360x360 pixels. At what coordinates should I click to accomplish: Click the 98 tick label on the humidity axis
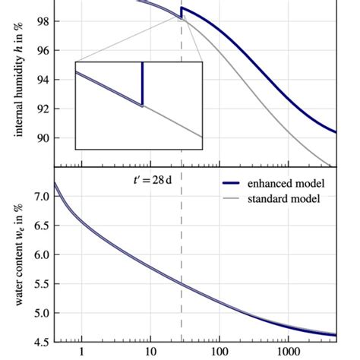[43, 21]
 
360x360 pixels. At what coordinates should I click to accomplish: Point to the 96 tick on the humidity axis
[43, 50]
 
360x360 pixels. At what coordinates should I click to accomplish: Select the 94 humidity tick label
[43, 80]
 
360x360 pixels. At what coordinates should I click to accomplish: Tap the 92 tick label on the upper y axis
[43, 109]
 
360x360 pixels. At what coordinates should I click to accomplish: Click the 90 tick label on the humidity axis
[43, 138]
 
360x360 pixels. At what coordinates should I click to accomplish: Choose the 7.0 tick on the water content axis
[40, 197]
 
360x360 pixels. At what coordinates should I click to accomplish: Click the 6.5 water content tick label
[40, 226]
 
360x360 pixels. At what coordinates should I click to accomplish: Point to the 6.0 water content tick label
[40, 255]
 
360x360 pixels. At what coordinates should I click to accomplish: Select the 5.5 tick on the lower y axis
[40, 284]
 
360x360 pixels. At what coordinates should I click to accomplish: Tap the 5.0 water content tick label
[40, 313]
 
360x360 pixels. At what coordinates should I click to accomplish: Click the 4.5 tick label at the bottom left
[40, 342]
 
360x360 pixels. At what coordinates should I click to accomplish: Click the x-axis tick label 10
[150, 353]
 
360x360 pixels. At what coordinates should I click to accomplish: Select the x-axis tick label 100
[219, 353]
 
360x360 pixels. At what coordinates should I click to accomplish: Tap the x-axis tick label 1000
[288, 353]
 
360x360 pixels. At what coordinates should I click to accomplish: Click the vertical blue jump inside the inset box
[142, 84]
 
